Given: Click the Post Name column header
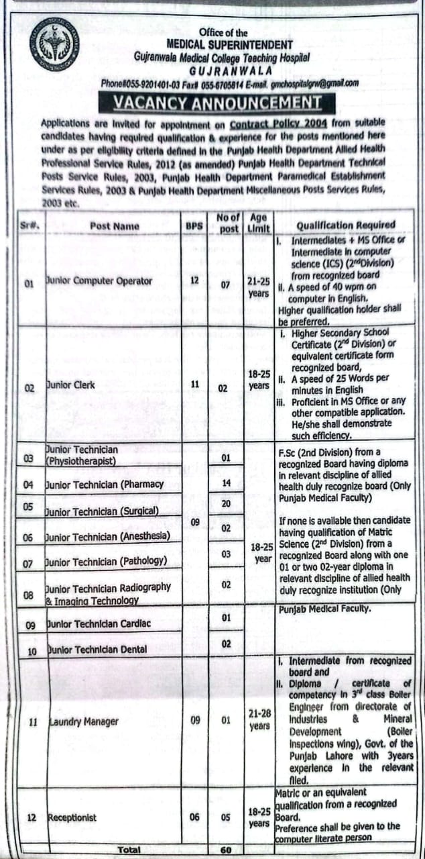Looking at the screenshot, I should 115,226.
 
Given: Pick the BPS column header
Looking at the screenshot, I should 194,226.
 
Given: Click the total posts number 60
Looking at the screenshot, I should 225,849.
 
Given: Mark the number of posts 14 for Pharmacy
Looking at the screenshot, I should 226,483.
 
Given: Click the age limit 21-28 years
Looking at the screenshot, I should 259,720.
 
